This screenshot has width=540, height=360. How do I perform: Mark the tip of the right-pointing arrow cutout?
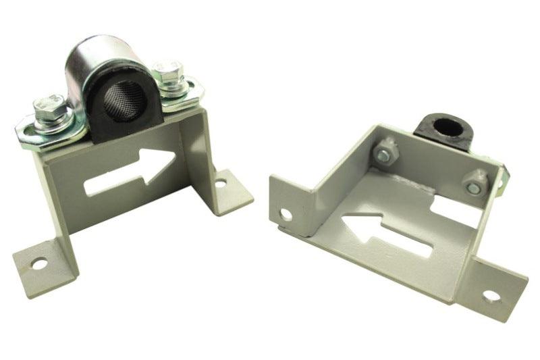click(x=175, y=161)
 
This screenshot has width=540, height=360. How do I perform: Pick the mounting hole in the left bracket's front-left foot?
click(x=40, y=264)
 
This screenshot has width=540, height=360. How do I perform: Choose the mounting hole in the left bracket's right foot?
click(x=220, y=182)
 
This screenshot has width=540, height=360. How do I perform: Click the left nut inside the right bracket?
click(x=385, y=153)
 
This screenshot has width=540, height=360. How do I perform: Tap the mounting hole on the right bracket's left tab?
click(x=286, y=215)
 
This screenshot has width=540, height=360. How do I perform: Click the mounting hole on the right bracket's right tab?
click(x=491, y=296)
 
